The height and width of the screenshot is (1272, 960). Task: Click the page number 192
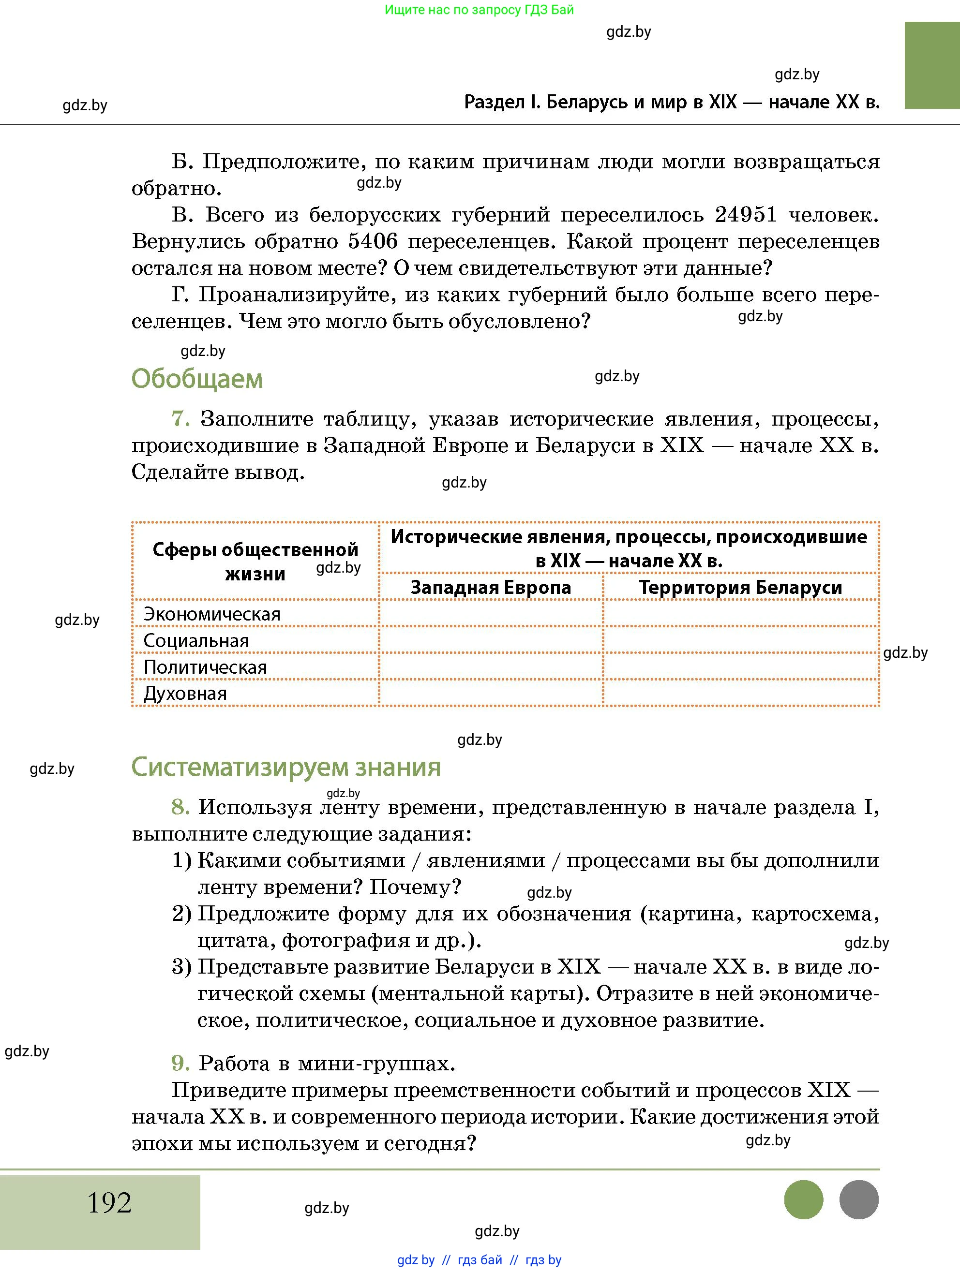coord(109,1202)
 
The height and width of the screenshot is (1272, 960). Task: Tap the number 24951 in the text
coord(746,214)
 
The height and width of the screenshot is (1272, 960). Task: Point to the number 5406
coord(373,241)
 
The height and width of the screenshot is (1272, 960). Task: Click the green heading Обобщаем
coord(197,379)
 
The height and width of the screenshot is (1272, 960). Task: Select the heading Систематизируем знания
coord(286,767)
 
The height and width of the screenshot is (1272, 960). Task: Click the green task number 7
coord(180,419)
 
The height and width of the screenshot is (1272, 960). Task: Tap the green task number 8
coord(180,807)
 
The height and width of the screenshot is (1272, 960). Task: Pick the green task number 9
coord(180,1063)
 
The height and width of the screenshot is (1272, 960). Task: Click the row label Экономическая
coord(211,614)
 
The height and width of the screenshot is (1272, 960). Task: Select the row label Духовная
coord(185,694)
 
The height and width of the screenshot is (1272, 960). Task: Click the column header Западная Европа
coord(491,588)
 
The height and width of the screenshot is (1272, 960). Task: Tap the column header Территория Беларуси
coord(740,588)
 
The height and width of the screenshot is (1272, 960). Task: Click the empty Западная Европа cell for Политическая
coord(491,667)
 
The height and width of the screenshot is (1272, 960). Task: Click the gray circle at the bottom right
coord(859,1199)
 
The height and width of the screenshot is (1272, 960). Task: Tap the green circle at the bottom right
coord(804,1199)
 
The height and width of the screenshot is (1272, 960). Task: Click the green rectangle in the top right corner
coord(932,65)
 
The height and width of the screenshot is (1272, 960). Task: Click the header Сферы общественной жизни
coord(255,561)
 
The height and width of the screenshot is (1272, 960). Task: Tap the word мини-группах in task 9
coord(376,1064)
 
